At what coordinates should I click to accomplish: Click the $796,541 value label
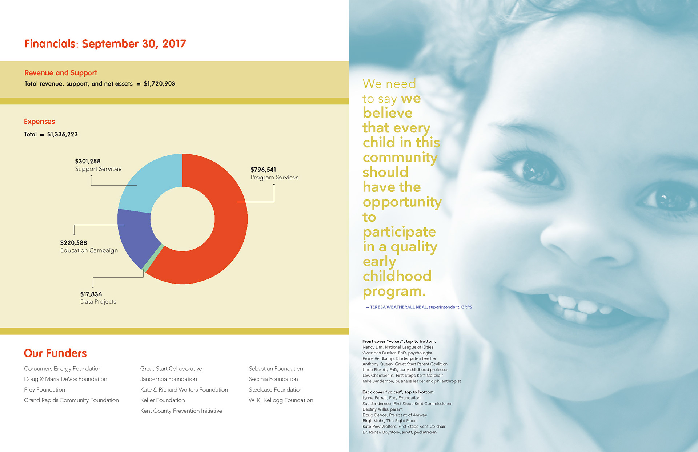click(x=263, y=170)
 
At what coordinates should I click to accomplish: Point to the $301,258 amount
click(x=88, y=161)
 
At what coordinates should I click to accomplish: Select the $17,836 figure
click(x=91, y=294)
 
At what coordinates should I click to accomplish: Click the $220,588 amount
click(x=73, y=243)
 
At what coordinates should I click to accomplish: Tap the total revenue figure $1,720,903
click(x=159, y=84)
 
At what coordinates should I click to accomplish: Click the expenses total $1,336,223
click(x=62, y=134)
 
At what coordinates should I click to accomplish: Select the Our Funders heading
click(x=55, y=353)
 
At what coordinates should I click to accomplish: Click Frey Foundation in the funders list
click(x=44, y=390)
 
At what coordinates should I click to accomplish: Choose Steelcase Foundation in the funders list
click(x=276, y=390)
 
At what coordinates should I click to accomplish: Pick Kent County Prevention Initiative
click(x=181, y=411)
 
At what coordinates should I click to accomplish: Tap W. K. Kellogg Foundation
click(x=281, y=400)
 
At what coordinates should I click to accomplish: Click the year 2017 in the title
click(x=174, y=44)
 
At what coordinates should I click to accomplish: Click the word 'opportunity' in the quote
click(x=402, y=202)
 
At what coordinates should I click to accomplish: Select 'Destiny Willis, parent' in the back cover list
click(x=382, y=409)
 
